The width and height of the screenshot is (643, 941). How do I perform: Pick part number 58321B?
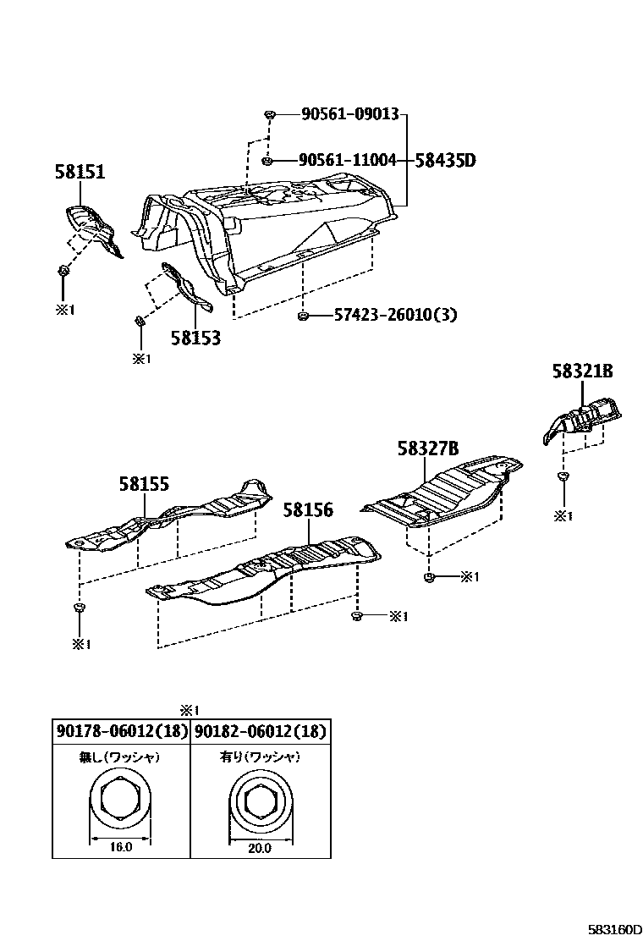point(582,371)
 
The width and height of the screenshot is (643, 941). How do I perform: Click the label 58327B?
point(428,448)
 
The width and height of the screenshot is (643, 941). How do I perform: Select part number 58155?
point(144,484)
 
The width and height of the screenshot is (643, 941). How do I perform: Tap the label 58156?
point(308,510)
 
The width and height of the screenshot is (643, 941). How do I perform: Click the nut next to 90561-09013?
point(269,114)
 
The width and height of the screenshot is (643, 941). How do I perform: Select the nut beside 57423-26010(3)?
point(302,316)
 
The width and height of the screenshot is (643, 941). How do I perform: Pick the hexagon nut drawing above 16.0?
point(121,800)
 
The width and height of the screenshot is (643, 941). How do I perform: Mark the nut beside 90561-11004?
point(267,160)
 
